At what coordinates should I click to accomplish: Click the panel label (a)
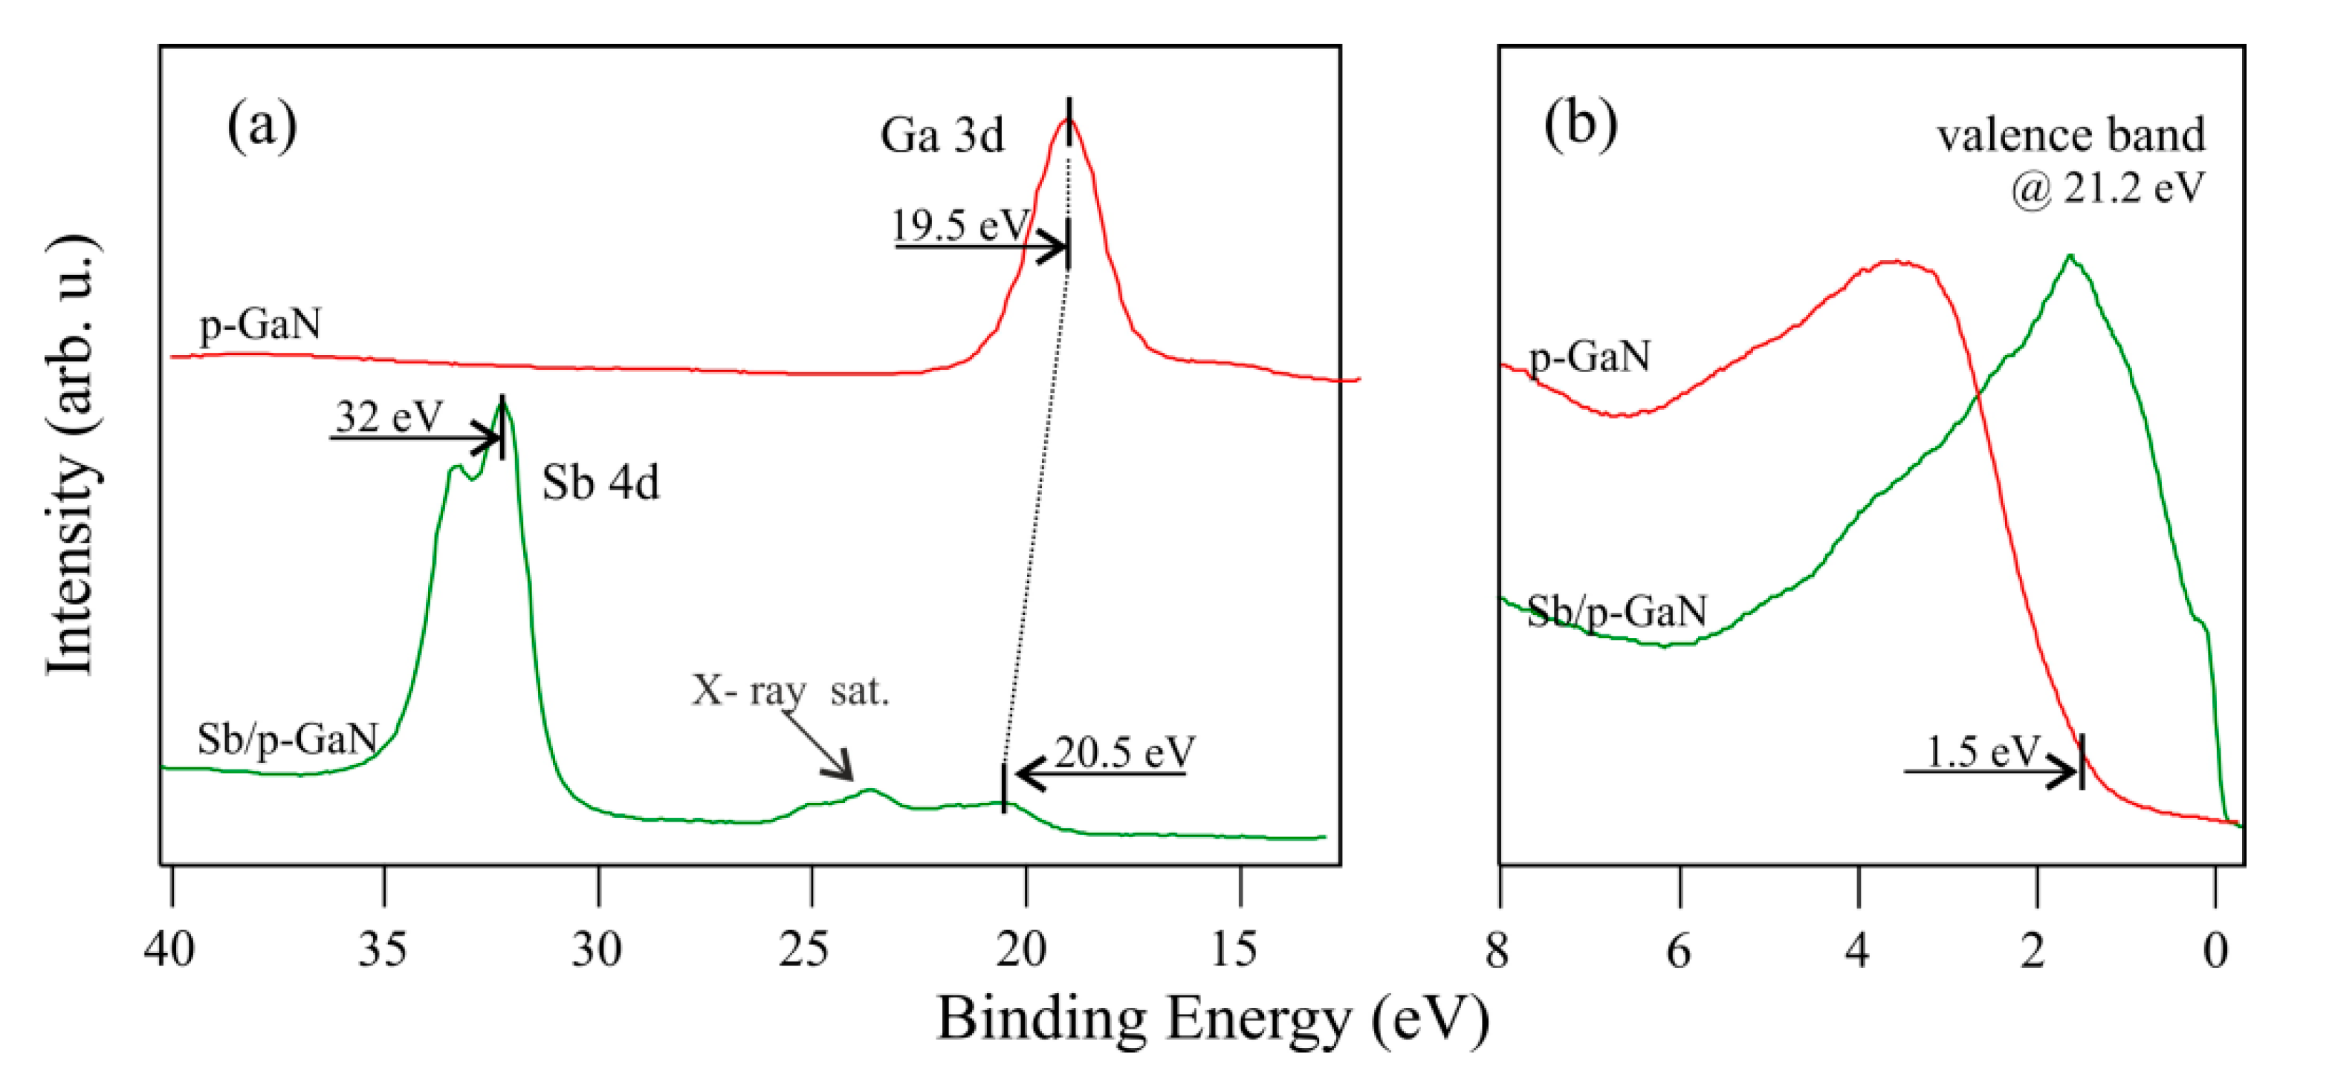click(x=261, y=126)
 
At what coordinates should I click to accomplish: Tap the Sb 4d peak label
click(x=600, y=483)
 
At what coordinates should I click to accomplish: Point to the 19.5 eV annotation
click(x=961, y=225)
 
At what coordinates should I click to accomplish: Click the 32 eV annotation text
click(x=389, y=417)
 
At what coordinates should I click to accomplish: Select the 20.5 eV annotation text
click(x=1124, y=752)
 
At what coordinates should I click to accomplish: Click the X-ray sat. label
click(x=791, y=692)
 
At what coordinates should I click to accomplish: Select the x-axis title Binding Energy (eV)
click(x=1212, y=1018)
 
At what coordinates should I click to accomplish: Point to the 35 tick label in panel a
click(x=383, y=949)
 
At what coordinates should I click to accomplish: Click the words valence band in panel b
click(x=2071, y=136)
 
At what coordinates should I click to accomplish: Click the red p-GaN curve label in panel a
click(x=260, y=325)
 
